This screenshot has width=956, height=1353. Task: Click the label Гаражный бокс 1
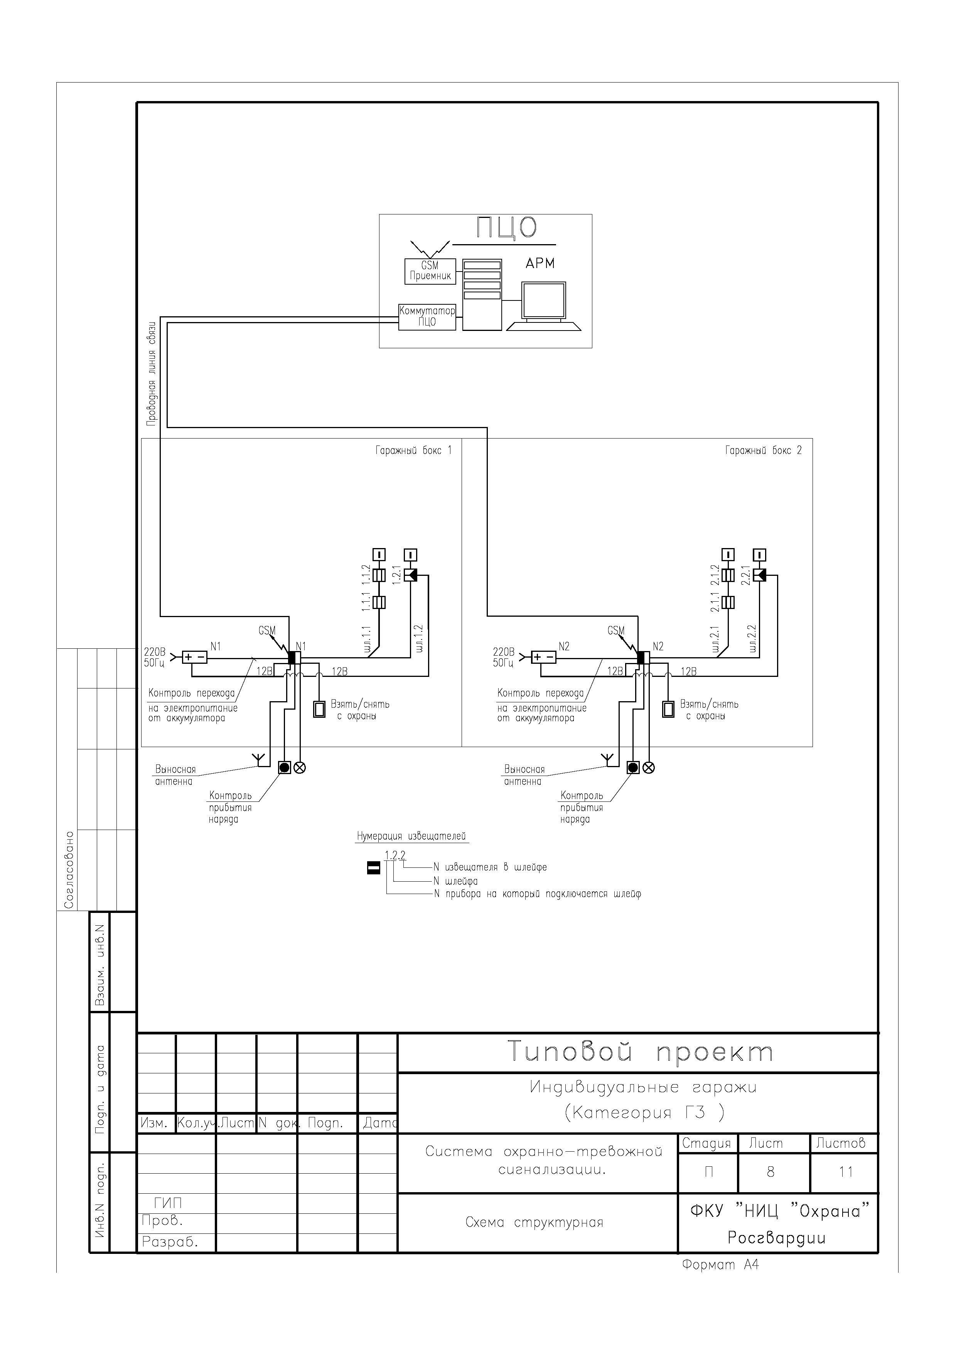pos(413,451)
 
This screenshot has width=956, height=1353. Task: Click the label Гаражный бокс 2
pos(764,451)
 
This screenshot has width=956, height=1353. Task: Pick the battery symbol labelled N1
pos(194,656)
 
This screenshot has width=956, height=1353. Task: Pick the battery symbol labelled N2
pos(544,656)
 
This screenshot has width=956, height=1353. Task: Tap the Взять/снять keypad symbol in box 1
pos(319,709)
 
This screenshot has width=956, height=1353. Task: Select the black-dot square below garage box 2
pos(633,767)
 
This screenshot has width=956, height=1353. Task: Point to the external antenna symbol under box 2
pos(607,759)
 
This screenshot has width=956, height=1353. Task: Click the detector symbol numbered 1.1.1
pos(380,602)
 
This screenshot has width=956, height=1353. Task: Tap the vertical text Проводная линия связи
pos(152,374)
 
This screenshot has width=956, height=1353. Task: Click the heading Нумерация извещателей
pos(412,836)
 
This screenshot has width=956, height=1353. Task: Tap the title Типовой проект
pos(640,1051)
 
